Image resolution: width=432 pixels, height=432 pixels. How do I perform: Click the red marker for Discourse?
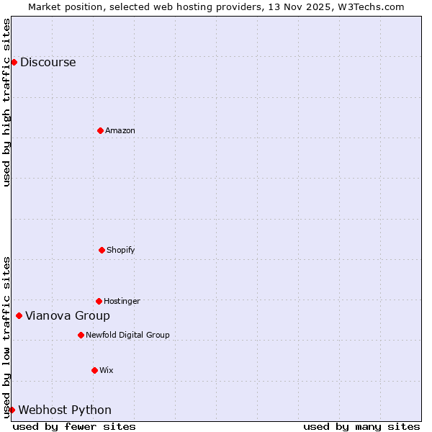(x=14, y=62)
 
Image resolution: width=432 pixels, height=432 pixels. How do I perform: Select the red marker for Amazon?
(x=100, y=130)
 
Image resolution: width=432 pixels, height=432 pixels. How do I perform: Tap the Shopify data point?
(x=102, y=250)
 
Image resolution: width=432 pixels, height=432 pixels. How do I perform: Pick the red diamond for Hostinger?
(x=99, y=301)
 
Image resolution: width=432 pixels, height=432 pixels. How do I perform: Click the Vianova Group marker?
(x=19, y=315)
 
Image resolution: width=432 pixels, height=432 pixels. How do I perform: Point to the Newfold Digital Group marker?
(x=81, y=335)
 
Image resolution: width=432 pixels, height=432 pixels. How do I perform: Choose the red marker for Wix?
(x=94, y=370)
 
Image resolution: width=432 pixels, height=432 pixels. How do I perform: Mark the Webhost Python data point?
(x=12, y=410)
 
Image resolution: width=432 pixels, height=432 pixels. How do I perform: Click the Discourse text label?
(x=48, y=62)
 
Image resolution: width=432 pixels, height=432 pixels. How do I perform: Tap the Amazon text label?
(x=120, y=130)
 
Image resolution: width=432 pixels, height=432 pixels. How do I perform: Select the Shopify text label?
(x=121, y=250)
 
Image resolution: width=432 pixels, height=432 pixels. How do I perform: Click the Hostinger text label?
(x=122, y=301)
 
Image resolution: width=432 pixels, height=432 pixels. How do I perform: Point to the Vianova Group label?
(x=68, y=315)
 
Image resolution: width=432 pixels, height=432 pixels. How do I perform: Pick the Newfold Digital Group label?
(x=127, y=335)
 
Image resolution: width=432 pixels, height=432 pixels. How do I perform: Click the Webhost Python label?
(x=65, y=410)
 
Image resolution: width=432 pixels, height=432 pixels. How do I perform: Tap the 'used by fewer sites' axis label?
(x=74, y=426)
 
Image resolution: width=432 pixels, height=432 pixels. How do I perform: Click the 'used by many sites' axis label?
(x=361, y=426)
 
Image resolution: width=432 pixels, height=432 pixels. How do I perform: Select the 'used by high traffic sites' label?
(x=6, y=102)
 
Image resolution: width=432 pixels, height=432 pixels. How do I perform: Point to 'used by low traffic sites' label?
(x=6, y=337)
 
